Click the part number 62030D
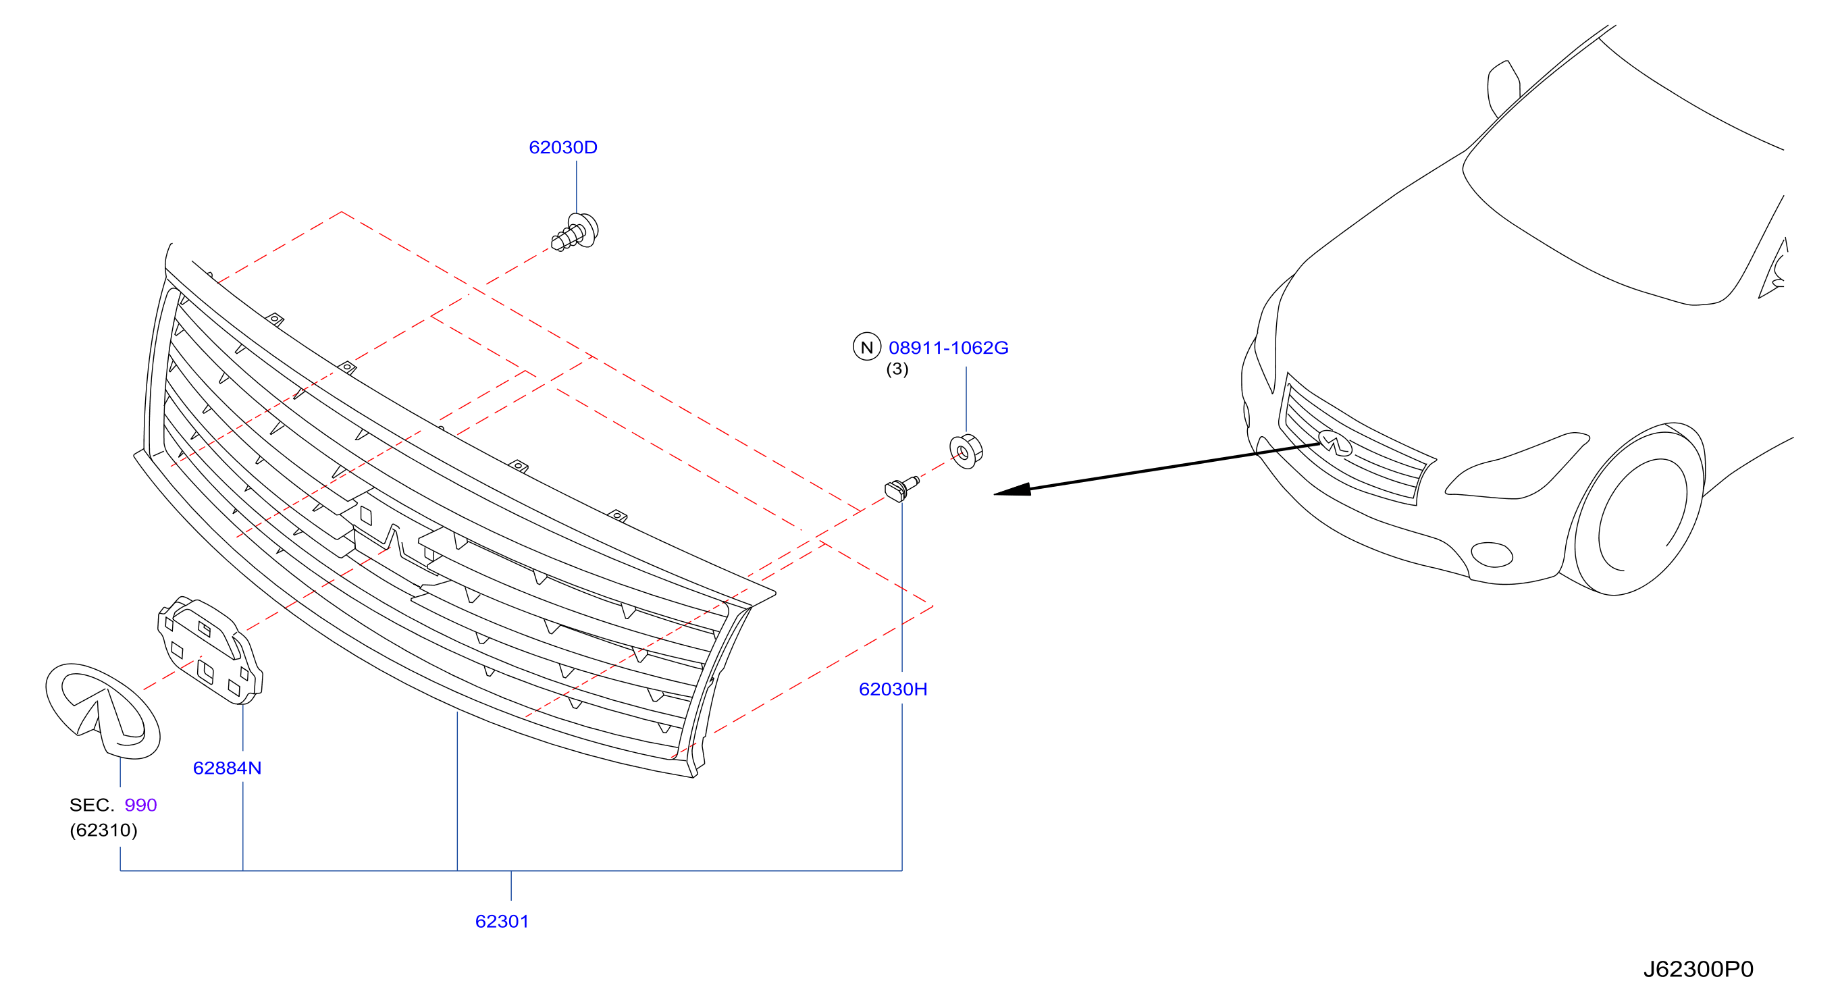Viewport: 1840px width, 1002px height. click(x=563, y=147)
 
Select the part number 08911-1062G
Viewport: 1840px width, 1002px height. click(x=948, y=348)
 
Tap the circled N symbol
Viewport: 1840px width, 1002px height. click(x=866, y=347)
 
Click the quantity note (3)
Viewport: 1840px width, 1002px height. click(x=897, y=369)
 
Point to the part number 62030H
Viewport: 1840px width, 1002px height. click(x=893, y=689)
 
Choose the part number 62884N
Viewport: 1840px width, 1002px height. click(x=227, y=768)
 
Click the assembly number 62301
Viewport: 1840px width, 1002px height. click(x=502, y=921)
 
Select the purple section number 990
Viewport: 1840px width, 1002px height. click(x=140, y=805)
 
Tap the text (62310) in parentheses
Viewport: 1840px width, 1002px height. click(x=103, y=830)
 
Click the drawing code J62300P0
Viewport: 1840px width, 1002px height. click(x=1698, y=969)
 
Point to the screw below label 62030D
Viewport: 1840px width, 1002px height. click(x=575, y=232)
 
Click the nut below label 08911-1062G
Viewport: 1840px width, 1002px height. click(x=966, y=450)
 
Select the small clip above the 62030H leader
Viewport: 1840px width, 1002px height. click(x=901, y=488)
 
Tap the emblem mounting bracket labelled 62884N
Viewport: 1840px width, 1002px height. click(x=210, y=650)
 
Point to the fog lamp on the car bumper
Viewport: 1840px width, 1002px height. click(x=1492, y=554)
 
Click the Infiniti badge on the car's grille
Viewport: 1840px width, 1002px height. click(x=1335, y=443)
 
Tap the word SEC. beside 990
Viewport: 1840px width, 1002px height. click(x=91, y=805)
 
